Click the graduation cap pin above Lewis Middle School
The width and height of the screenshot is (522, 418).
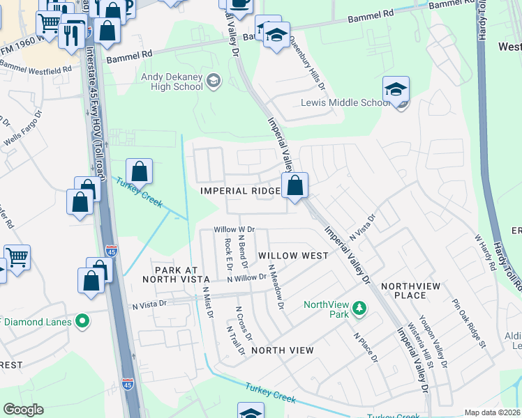click(x=396, y=90)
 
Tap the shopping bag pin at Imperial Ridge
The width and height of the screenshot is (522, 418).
click(x=295, y=186)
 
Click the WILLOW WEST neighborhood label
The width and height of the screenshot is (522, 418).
click(x=293, y=256)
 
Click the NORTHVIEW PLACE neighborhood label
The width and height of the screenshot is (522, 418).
click(x=413, y=291)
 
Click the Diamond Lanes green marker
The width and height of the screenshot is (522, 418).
click(x=83, y=321)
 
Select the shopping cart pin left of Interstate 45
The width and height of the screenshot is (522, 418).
click(x=16, y=256)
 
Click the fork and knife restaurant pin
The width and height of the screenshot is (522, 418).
click(x=71, y=34)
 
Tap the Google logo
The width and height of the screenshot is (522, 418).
click(x=24, y=410)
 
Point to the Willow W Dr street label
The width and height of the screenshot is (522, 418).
click(x=234, y=229)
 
